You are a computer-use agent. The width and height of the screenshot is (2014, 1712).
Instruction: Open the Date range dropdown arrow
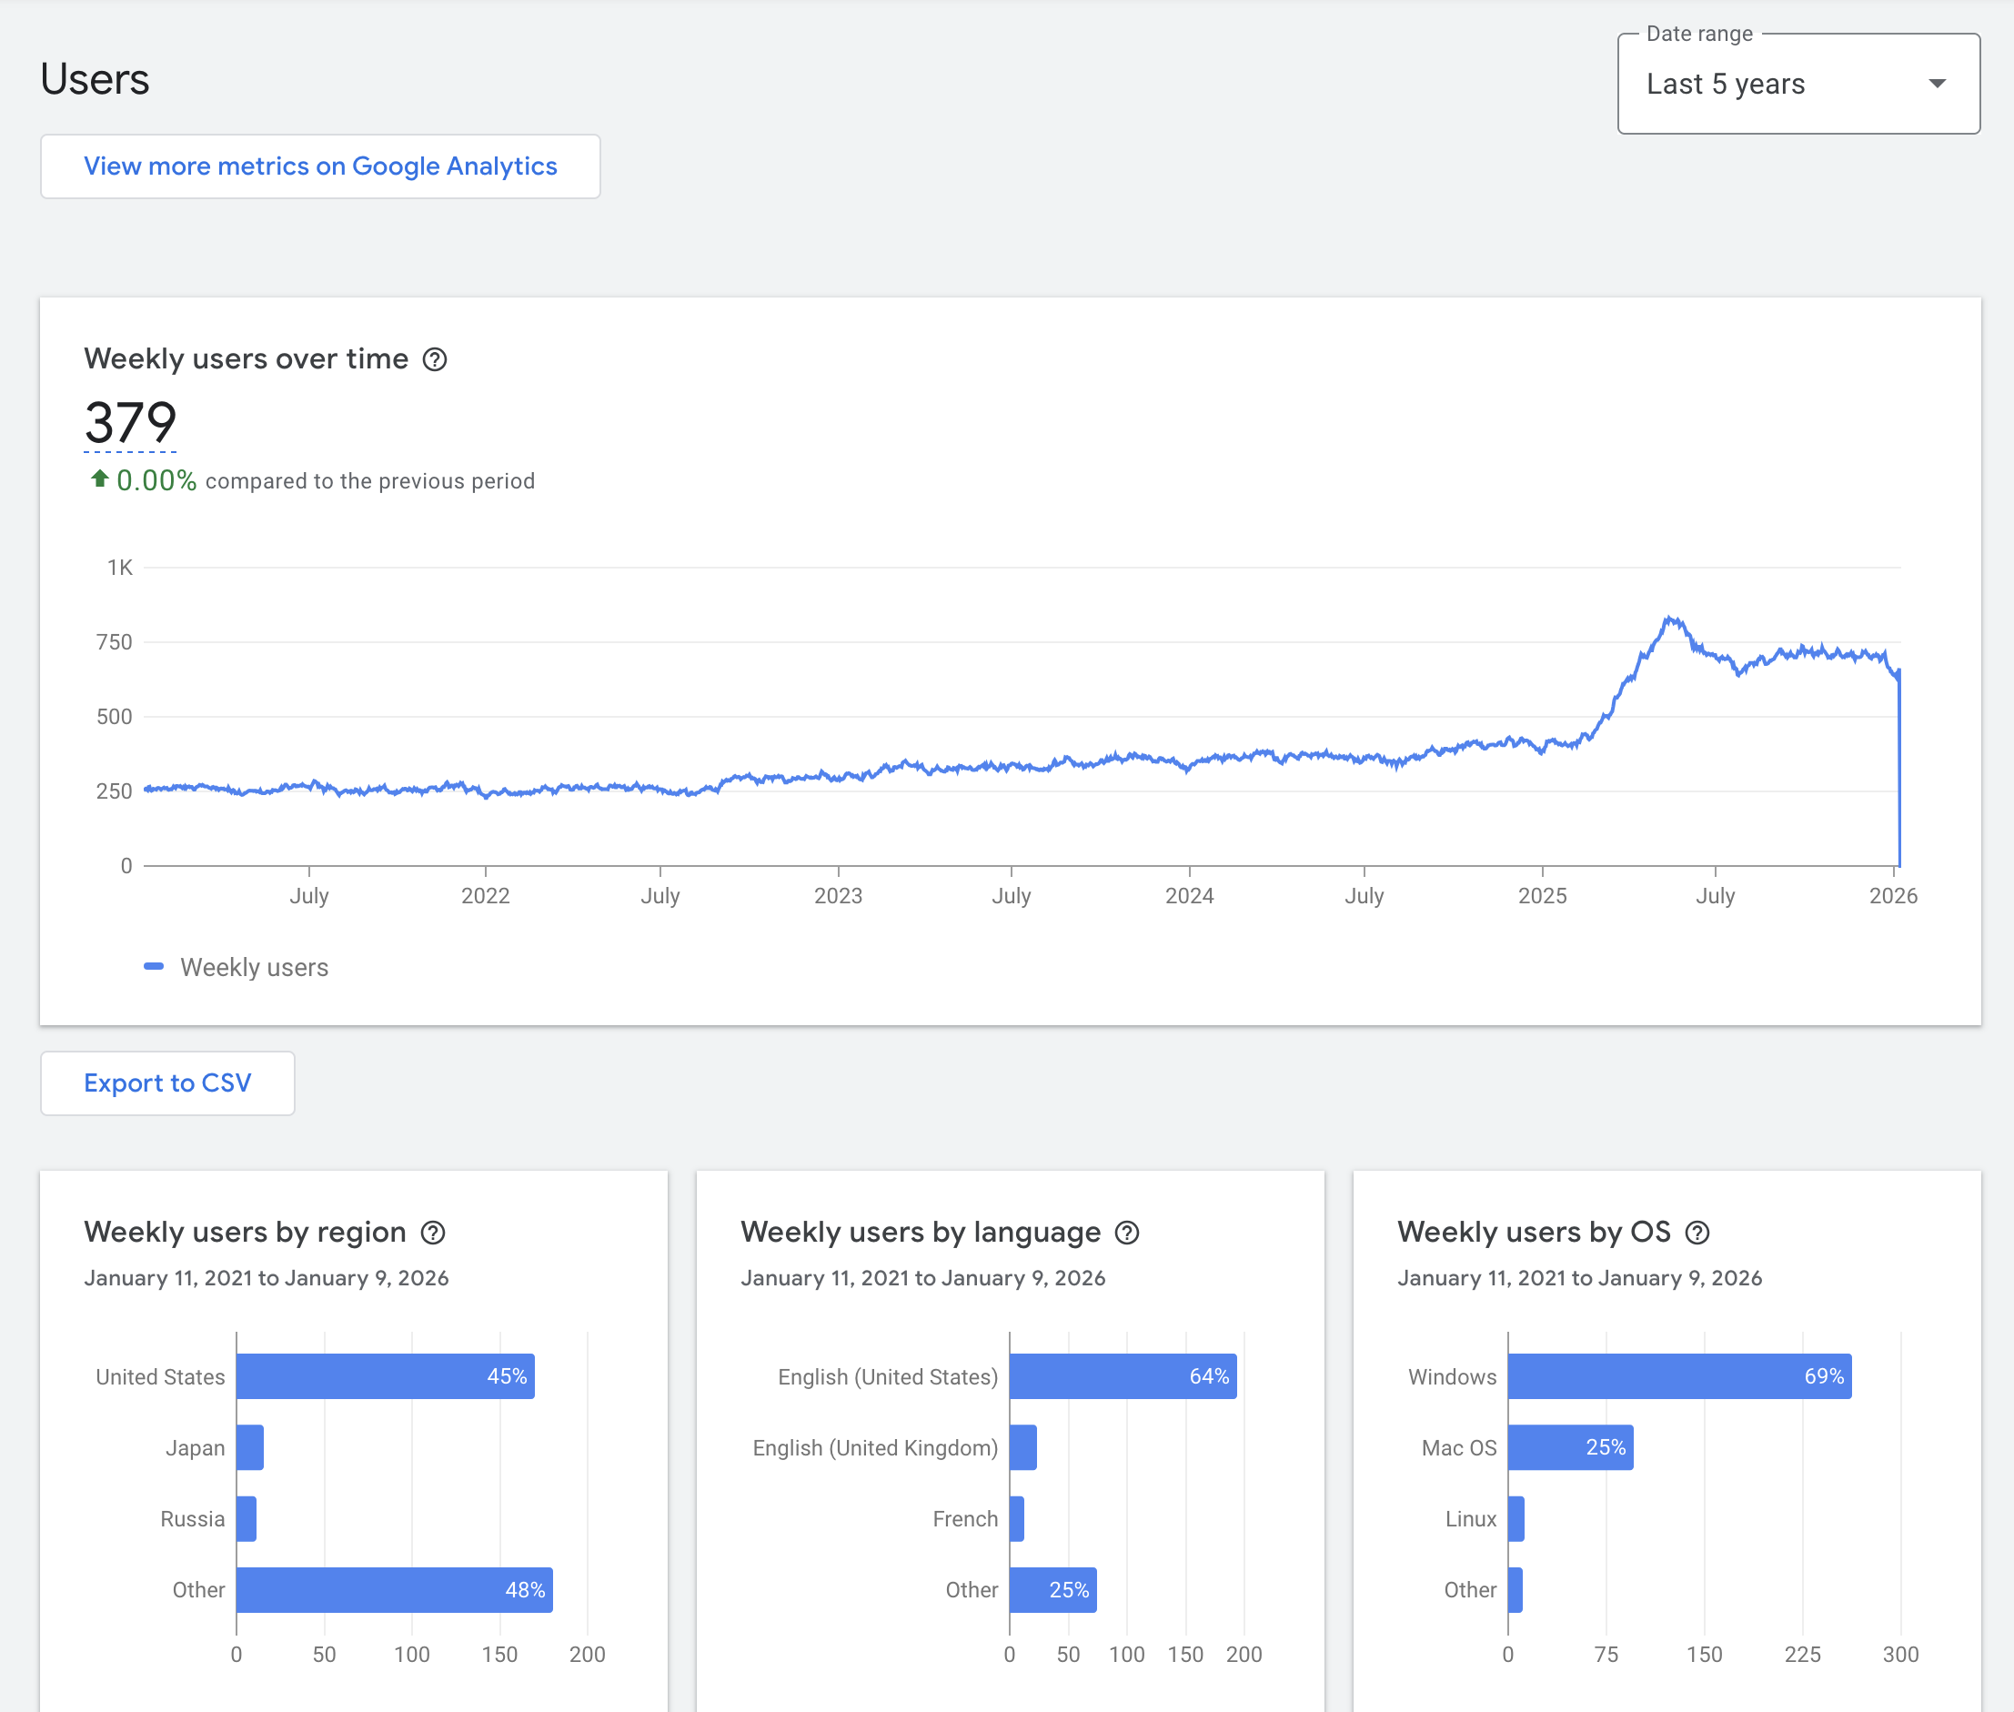coord(1937,85)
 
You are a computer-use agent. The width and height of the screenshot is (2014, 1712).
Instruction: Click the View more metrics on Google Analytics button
coord(320,166)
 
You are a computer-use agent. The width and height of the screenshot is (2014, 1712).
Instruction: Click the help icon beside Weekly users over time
coord(435,360)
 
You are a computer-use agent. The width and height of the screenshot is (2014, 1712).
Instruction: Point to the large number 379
coord(131,423)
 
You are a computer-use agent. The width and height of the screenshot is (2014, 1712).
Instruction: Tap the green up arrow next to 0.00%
coord(99,478)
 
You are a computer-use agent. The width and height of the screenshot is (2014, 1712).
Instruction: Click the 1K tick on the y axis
coord(119,568)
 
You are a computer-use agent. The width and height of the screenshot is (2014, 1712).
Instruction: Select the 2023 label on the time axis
coord(838,896)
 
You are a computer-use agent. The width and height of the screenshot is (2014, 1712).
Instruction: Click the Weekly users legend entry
coord(237,968)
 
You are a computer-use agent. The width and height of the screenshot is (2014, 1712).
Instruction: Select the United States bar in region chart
coord(385,1376)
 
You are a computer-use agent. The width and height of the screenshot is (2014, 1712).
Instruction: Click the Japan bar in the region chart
coord(249,1447)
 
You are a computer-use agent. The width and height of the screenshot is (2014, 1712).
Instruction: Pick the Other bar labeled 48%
coord(394,1590)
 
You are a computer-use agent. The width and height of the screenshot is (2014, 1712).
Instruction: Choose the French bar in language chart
coord(1016,1519)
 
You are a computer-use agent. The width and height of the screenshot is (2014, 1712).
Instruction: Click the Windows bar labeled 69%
coord(1678,1376)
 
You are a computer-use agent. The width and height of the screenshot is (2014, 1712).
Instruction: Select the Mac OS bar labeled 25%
coord(1569,1447)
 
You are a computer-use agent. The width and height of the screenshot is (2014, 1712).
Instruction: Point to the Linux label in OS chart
coord(1470,1519)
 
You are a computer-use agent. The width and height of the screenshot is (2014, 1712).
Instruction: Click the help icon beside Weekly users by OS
coord(1697,1233)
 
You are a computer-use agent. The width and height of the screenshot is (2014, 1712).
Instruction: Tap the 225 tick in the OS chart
coord(1802,1655)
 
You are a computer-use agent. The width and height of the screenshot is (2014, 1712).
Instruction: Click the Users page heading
coord(96,79)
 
